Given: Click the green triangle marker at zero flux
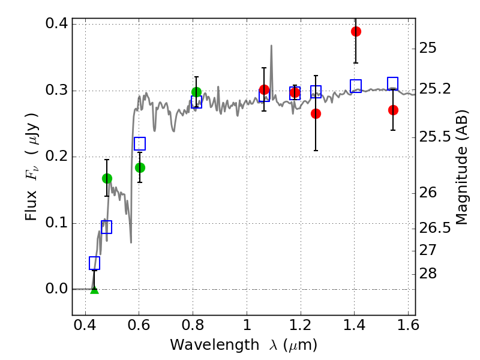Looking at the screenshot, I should [94, 290].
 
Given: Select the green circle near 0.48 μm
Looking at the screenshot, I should [107, 178].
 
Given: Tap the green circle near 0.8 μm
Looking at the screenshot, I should [196, 92].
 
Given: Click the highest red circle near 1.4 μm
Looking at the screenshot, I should [356, 31].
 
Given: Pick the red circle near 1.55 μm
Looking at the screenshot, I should [393, 110].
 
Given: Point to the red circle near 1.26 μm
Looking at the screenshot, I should [316, 113].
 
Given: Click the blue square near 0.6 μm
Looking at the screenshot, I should [140, 143].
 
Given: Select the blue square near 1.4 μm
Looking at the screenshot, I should [356, 86].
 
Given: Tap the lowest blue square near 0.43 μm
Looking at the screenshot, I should [94, 263].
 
